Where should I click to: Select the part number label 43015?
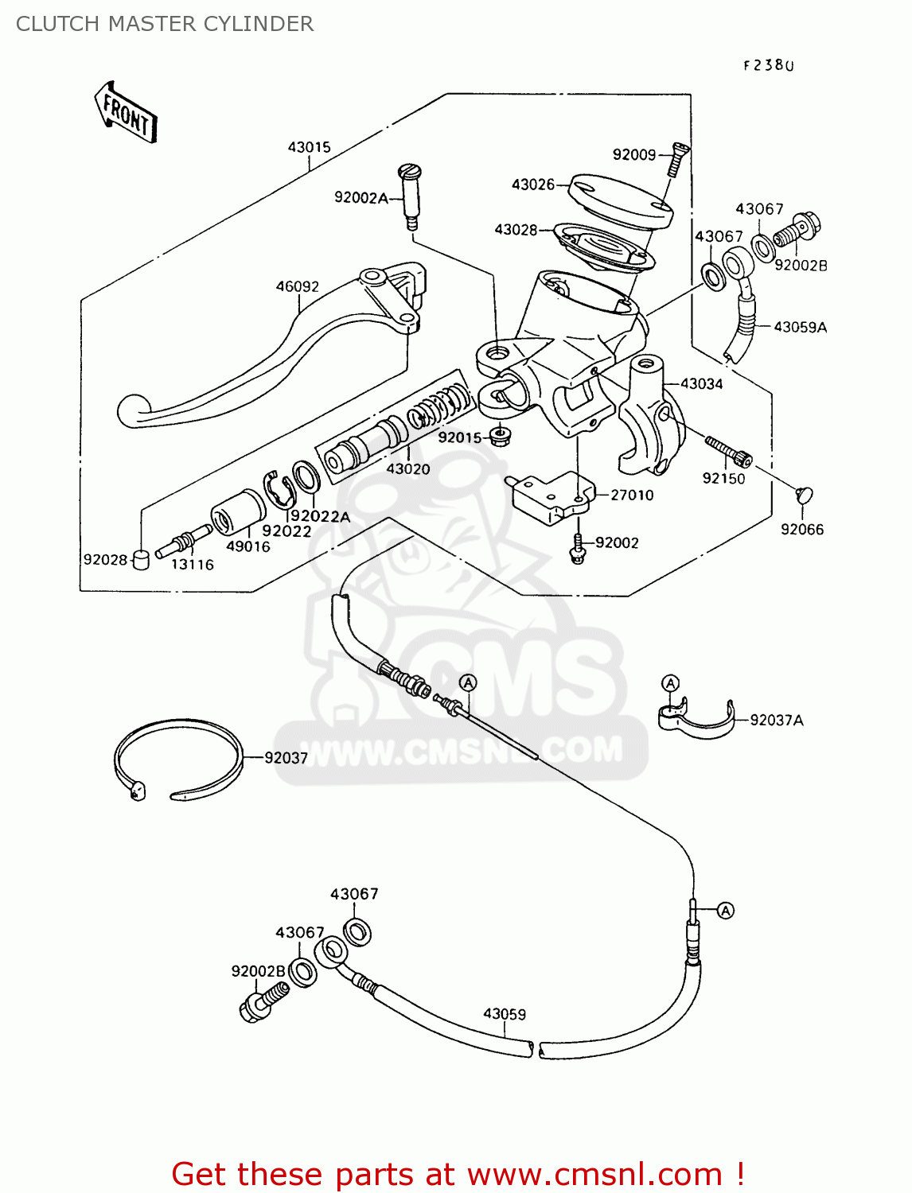309,147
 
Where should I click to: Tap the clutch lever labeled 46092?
263,366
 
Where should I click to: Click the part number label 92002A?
361,197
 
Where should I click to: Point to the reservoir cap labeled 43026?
620,200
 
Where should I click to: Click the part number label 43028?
516,230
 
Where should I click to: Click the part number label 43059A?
800,327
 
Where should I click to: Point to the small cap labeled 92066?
805,495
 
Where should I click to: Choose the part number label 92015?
459,437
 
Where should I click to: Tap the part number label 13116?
193,565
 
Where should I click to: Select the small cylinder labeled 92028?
141,560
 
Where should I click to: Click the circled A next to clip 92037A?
671,683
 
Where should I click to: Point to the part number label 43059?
505,1014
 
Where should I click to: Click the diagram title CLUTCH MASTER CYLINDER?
165,24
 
